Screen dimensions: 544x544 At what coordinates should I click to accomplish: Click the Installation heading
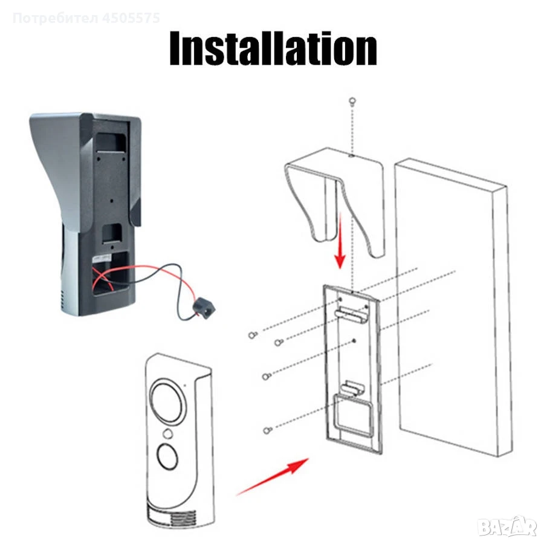[x=273, y=48]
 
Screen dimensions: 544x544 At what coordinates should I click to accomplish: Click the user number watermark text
[x=86, y=18]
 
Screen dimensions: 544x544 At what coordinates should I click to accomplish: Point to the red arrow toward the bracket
[x=273, y=477]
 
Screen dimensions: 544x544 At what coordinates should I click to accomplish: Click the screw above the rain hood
[x=352, y=102]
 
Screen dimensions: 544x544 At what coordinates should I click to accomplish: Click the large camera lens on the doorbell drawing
[x=167, y=401]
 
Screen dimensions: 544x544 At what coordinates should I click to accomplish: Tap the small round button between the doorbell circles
[x=168, y=433]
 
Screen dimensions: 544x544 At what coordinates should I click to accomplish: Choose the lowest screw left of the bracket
[x=267, y=430]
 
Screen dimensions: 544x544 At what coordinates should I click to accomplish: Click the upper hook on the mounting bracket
[x=351, y=314]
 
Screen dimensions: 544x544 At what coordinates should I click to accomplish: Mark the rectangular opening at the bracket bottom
[x=351, y=415]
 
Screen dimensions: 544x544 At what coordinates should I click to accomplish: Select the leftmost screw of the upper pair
[x=253, y=335]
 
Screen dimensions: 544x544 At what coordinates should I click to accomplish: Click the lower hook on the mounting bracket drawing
[x=352, y=387]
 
